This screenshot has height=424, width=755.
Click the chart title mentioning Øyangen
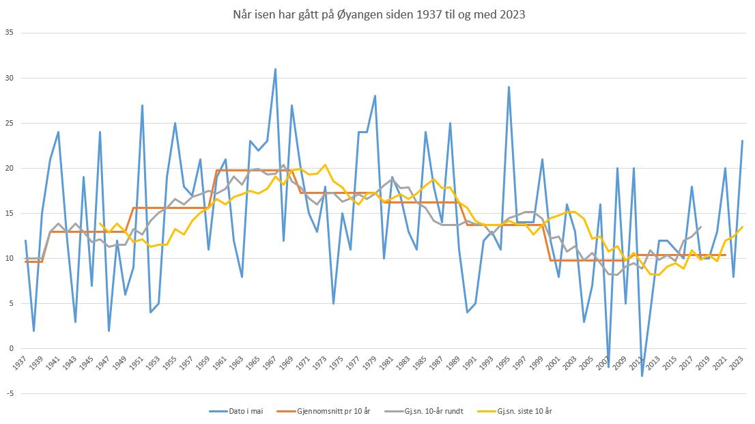tap(377, 13)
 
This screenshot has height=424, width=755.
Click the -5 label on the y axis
tap(9, 393)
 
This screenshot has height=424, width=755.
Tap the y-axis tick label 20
tap(9, 168)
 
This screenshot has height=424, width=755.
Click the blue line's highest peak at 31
tap(275, 69)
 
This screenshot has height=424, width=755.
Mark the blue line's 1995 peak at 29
tap(509, 87)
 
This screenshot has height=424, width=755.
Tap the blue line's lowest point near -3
tap(642, 376)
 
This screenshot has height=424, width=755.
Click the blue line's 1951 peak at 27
tap(142, 105)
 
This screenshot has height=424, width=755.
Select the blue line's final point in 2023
tap(742, 141)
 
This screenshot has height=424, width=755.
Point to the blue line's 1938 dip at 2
tap(33, 330)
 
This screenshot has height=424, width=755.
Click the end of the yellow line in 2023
tap(742, 227)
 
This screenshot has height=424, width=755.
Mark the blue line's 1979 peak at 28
tap(375, 96)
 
